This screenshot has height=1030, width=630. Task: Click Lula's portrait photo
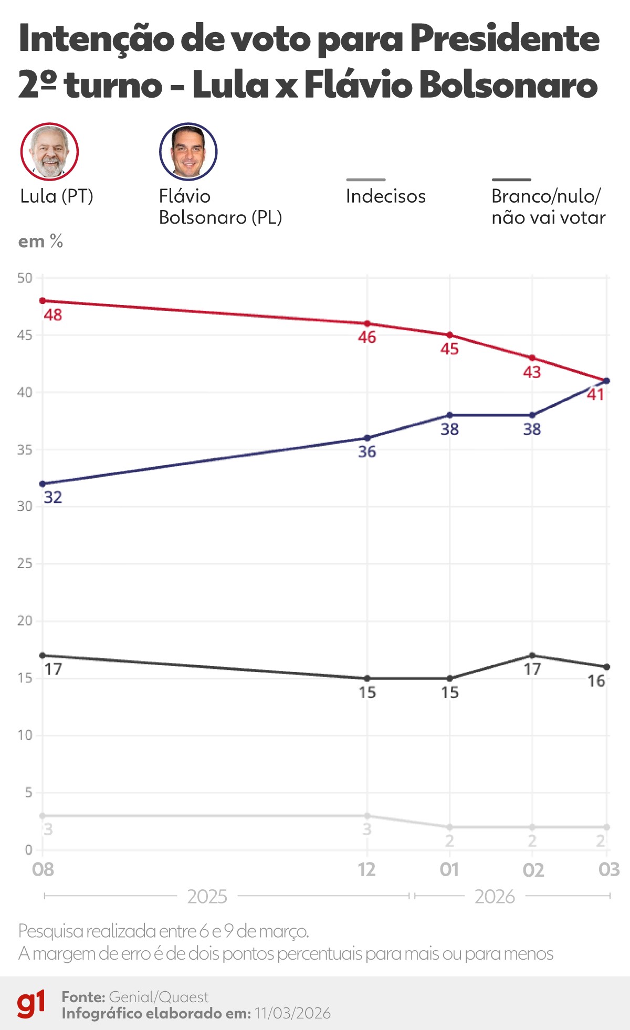click(49, 152)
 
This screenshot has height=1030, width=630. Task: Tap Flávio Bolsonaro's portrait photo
click(188, 152)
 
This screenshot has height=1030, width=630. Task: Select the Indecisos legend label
click(385, 196)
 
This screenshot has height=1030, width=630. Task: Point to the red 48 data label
click(53, 315)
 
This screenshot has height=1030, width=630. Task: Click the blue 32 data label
click(53, 497)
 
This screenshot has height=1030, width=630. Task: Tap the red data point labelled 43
click(532, 358)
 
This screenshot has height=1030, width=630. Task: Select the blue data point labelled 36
click(367, 438)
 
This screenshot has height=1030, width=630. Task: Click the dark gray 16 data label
click(596, 681)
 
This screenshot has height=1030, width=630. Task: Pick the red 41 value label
click(595, 395)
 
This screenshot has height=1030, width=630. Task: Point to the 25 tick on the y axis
click(25, 563)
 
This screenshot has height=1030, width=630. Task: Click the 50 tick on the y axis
click(25, 278)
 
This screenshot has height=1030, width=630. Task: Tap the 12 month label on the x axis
click(367, 870)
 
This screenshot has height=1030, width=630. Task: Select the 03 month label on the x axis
click(609, 870)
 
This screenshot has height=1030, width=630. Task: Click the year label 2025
click(207, 897)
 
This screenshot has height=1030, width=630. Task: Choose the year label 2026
click(495, 897)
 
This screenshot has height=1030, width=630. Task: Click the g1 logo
click(31, 1004)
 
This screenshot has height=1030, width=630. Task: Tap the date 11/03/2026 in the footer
click(292, 1013)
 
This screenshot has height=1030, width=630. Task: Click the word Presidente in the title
click(504, 39)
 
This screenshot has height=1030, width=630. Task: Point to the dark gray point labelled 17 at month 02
click(532, 655)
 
